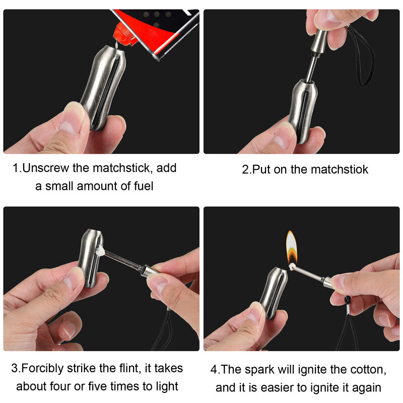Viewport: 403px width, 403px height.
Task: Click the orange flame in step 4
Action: [x=291, y=247]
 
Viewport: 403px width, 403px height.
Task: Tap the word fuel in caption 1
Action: [x=142, y=186]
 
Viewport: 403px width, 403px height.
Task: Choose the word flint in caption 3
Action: [x=121, y=368]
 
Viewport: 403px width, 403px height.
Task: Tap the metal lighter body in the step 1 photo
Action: [x=101, y=86]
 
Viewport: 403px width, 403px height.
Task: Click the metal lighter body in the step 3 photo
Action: [x=91, y=257]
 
